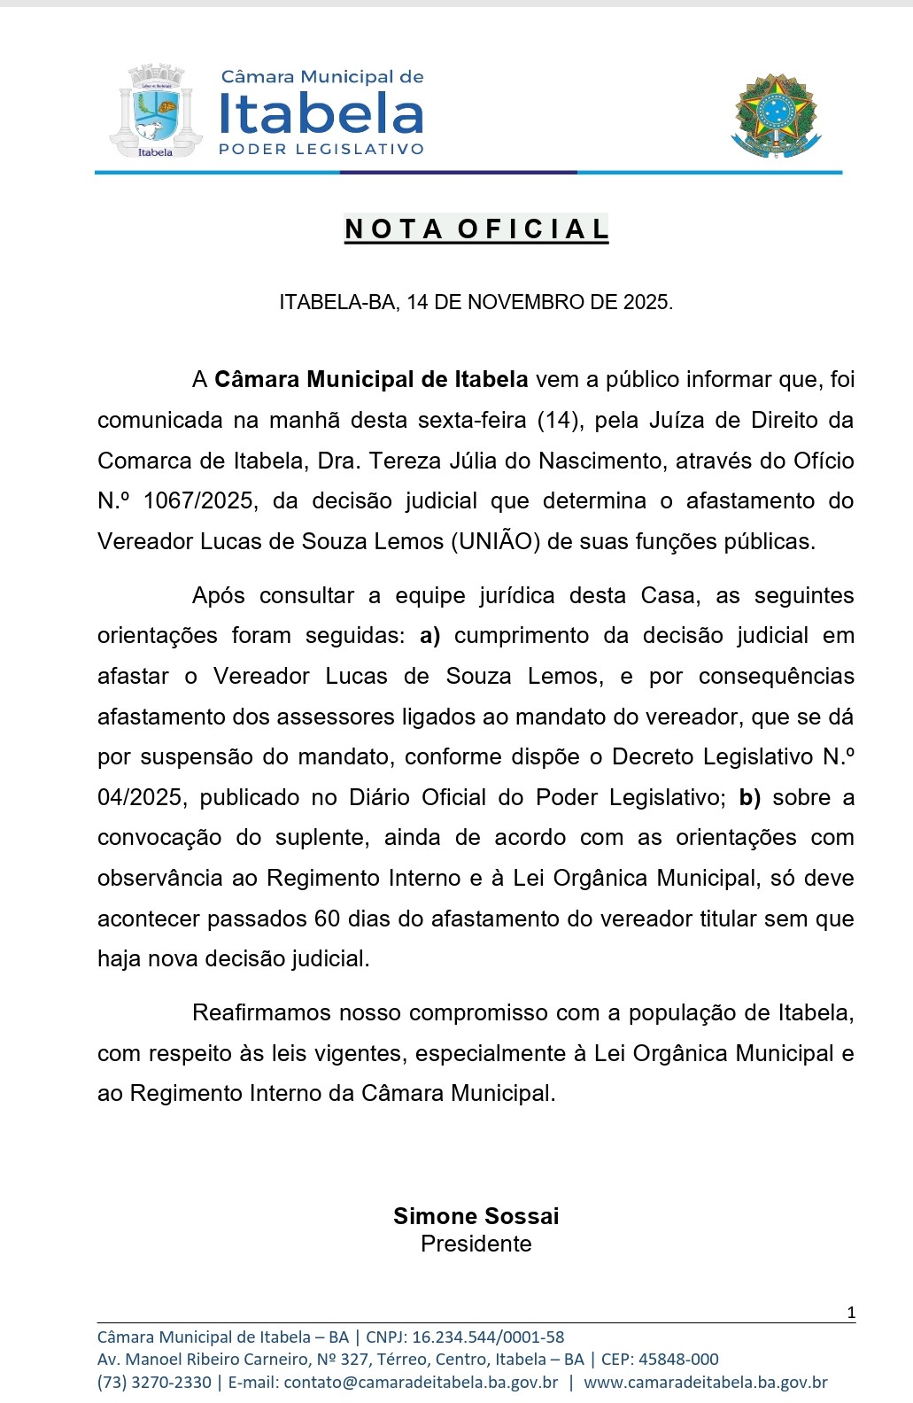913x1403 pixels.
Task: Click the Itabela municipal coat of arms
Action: tap(156, 112)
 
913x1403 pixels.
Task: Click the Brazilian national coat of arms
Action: tap(777, 116)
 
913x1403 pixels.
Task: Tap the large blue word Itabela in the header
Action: tap(321, 114)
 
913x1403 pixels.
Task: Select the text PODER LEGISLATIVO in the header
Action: tap(321, 150)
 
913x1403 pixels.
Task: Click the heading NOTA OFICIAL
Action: tap(476, 229)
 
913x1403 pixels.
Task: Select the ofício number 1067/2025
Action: tap(198, 501)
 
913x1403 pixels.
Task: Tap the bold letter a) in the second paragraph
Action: tap(429, 636)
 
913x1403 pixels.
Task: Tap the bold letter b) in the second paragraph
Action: tap(750, 798)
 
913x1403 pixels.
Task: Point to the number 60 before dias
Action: tap(327, 919)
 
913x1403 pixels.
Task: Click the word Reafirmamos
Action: tap(262, 1012)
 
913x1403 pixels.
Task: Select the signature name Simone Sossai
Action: tap(476, 1216)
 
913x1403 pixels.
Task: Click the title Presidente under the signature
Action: tap(476, 1244)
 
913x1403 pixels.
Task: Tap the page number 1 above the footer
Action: tap(851, 1313)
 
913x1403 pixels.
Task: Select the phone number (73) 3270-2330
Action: tap(154, 1382)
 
